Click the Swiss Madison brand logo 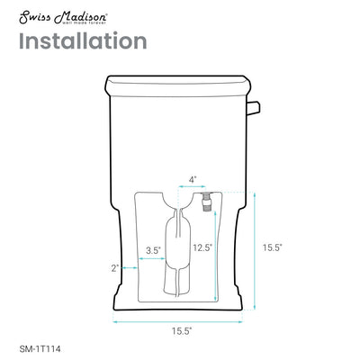[57, 13]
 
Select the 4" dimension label [194, 179]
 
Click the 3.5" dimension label [154, 249]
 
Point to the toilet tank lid [180, 87]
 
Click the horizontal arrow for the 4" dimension [194, 189]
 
